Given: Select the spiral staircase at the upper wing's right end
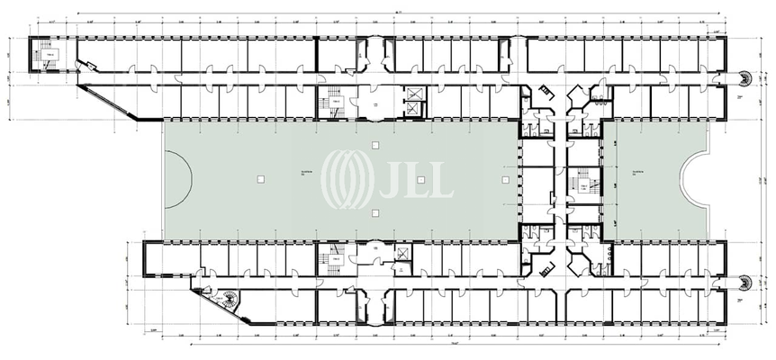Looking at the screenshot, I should tap(744, 77).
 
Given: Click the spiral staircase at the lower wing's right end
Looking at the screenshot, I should tap(744, 280).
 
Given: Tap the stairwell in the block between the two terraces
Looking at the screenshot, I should tap(583, 186).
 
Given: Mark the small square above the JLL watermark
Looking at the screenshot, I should tap(373, 144).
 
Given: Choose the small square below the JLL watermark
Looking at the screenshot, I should tap(373, 212).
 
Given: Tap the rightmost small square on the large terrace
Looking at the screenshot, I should tap(498, 178).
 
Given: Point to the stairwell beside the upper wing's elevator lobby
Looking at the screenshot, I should tap(329, 103).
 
